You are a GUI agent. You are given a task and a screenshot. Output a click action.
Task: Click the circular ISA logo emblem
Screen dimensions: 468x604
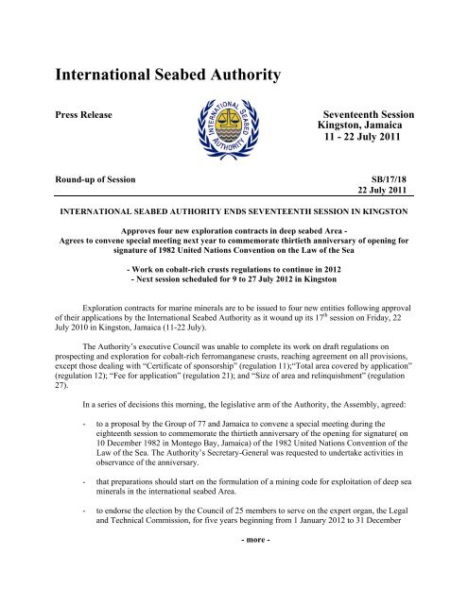pyautogui.click(x=233, y=136)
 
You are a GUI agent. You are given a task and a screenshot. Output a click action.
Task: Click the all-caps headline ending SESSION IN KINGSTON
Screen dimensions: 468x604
pyautogui.click(x=234, y=214)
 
